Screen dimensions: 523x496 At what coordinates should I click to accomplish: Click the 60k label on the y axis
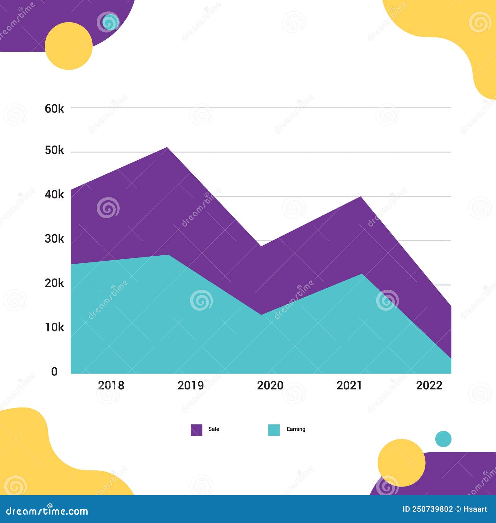tap(54, 109)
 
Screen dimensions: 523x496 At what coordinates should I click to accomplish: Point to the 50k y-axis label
tap(54, 150)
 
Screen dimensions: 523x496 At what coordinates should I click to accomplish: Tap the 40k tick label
tap(54, 194)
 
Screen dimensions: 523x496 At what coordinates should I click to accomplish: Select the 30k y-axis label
tap(54, 239)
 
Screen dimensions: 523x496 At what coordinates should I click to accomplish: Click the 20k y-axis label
tap(54, 283)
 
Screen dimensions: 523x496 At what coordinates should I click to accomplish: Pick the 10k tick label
tap(54, 327)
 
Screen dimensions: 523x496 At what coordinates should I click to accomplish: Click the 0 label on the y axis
tap(54, 371)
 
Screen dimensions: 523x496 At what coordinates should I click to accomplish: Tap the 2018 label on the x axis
tap(111, 385)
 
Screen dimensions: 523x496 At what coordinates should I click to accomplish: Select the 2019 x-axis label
tap(191, 385)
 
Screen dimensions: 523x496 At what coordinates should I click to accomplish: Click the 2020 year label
tap(270, 385)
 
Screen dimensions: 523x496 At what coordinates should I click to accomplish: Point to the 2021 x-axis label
tap(349, 385)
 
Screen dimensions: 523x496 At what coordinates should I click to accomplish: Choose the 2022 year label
tap(429, 385)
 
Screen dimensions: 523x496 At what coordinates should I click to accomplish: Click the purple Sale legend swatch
tap(197, 430)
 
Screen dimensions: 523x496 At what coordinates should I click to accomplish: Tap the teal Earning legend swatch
tap(274, 430)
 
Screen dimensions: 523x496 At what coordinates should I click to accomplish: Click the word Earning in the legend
tap(296, 429)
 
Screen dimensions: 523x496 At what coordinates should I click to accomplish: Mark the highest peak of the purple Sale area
tap(167, 148)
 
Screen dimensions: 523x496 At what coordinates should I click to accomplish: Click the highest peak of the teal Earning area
tap(168, 256)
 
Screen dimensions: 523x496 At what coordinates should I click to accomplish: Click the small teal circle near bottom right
tap(443, 439)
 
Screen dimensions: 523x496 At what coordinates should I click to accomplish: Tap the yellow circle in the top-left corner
tap(69, 46)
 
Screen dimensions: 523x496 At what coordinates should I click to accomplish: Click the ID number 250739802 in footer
tap(432, 509)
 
